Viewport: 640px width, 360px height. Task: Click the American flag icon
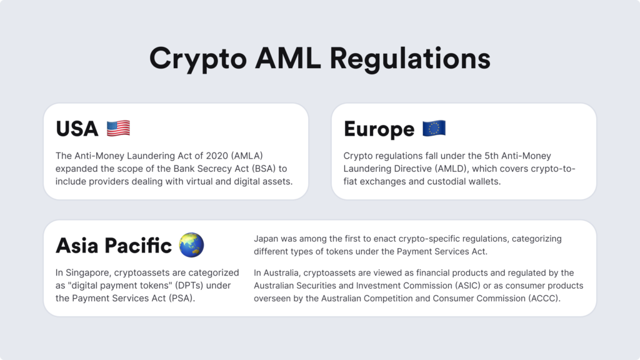pos(118,129)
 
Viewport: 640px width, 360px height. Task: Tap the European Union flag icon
pos(434,129)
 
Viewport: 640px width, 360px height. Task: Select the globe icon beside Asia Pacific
pos(191,245)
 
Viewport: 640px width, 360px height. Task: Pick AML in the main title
pos(288,58)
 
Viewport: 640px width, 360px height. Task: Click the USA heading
pos(77,129)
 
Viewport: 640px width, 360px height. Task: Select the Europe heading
pos(379,129)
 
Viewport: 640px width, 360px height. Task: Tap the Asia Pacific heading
pos(114,246)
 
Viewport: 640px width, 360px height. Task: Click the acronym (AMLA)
pos(247,156)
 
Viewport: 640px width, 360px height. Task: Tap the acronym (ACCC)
pos(544,298)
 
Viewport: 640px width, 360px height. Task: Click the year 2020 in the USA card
pos(217,156)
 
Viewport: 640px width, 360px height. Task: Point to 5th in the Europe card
pos(491,156)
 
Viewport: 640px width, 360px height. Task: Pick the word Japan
pos(266,239)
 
